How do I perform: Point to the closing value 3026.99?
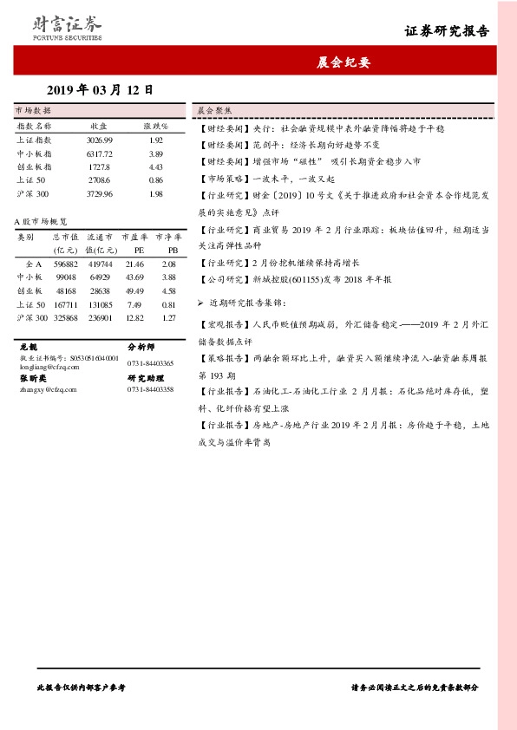click(100, 140)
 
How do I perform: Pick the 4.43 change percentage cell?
click(156, 166)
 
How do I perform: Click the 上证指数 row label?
click(35, 140)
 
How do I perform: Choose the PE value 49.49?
click(134, 290)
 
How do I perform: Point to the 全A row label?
click(34, 263)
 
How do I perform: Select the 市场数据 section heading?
click(34, 111)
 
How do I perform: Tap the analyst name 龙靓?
click(28, 345)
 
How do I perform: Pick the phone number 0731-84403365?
click(150, 363)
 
